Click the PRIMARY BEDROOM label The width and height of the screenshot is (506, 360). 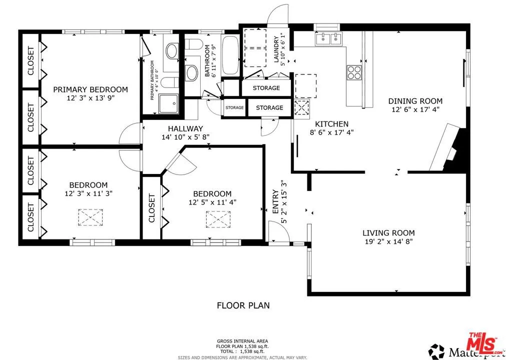90,89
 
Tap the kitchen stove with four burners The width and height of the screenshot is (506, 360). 354,72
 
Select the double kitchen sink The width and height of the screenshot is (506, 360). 328,39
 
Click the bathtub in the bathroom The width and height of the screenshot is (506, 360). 231,55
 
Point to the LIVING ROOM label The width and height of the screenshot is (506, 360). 388,232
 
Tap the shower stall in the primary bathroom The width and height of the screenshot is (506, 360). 169,104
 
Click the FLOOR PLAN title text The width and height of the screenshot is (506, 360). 244,304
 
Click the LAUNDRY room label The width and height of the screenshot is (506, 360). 276,49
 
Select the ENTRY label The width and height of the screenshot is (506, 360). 275,201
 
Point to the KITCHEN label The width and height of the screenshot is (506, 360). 331,124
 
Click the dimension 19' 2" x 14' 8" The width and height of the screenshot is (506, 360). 388,241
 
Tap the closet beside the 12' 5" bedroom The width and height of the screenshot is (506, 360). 152,207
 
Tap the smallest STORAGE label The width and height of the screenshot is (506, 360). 234,107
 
